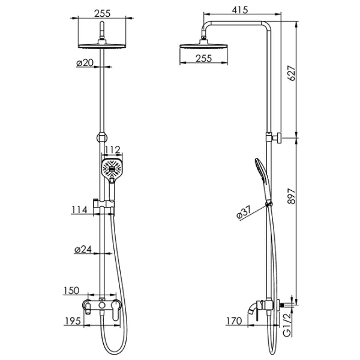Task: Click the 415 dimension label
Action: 240,10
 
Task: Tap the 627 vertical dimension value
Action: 292,73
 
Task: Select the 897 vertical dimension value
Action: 292,196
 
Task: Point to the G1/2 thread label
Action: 287,325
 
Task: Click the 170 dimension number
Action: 234,321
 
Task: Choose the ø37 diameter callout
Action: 244,212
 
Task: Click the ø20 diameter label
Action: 85,62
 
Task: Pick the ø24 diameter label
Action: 83,249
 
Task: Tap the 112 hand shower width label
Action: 112,150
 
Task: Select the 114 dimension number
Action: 79,209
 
